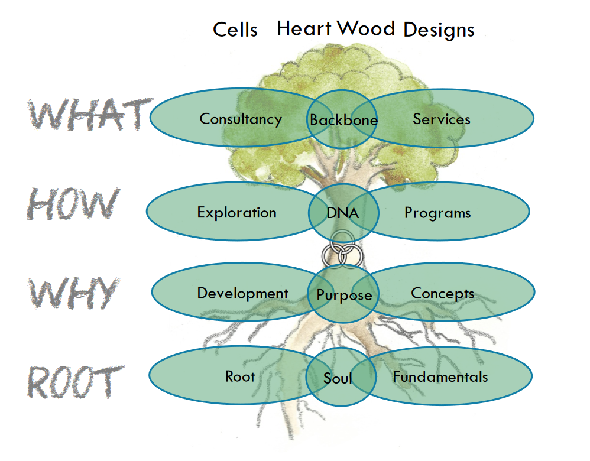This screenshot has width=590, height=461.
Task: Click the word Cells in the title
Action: coord(235,30)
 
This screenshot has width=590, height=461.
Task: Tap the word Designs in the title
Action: coord(439,30)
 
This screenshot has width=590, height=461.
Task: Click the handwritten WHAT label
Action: coord(90,114)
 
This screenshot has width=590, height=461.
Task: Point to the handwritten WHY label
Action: coord(74,293)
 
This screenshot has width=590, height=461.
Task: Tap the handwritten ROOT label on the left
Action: coord(76,382)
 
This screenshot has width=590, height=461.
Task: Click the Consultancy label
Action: coord(241,119)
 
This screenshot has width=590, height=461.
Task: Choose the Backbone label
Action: coord(343,120)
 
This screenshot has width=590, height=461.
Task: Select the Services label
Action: coord(442,119)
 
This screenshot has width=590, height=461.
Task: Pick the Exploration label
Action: coord(236,213)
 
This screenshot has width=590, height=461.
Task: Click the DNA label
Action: coord(342,213)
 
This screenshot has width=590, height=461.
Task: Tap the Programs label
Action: coord(437,213)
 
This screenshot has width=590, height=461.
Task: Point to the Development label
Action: coord(243,294)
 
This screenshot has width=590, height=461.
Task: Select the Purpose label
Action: coord(344,295)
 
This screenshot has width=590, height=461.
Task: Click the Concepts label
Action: coord(442,294)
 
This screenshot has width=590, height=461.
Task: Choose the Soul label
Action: coord(338,378)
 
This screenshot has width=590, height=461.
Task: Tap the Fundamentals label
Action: coord(440,376)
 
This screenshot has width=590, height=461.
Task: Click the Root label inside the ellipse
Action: coord(240,376)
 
